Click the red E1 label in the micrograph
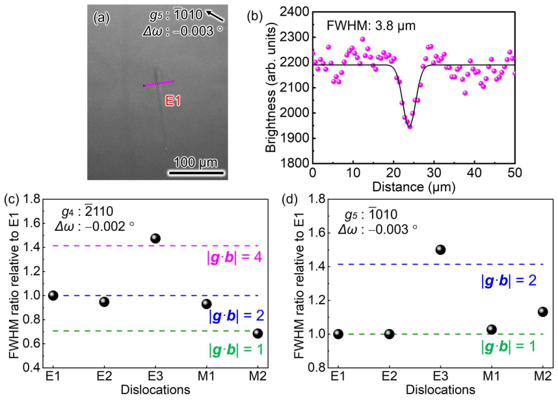[x=173, y=101]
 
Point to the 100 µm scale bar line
[x=196, y=173]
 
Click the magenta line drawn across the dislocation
[x=159, y=83]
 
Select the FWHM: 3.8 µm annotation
[x=371, y=25]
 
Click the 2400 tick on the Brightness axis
[x=295, y=12]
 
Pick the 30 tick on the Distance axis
[x=434, y=173]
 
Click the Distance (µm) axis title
[x=414, y=187]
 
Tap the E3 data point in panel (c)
[x=155, y=239]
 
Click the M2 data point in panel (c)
[x=258, y=334]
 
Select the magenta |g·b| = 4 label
[x=235, y=258]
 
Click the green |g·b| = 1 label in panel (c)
[x=236, y=351]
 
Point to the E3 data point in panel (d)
[x=440, y=250]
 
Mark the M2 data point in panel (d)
[x=542, y=312]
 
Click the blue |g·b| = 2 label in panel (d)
[x=509, y=281]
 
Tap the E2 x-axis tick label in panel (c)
[x=104, y=376]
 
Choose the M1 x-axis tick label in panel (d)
[x=492, y=376]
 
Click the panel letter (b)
[x=255, y=17]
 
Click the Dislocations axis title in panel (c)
[x=155, y=390]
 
